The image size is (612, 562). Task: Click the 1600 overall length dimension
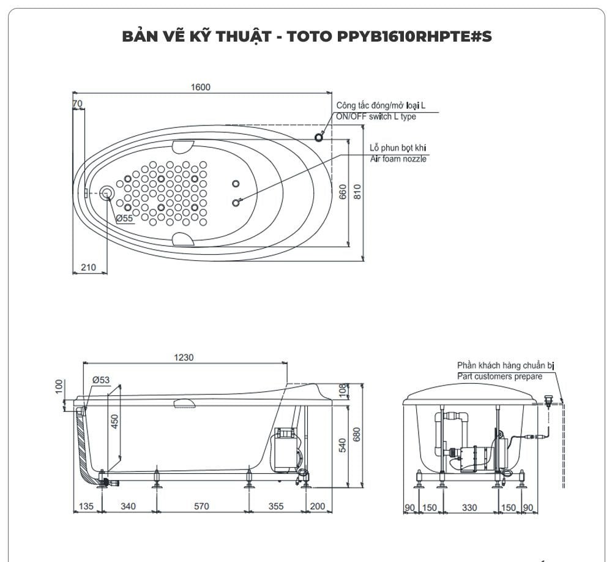click(200, 87)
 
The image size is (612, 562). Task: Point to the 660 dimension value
click(343, 192)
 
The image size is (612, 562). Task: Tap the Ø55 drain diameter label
click(124, 219)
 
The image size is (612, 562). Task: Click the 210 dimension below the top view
click(89, 267)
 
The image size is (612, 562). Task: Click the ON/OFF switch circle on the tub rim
click(319, 137)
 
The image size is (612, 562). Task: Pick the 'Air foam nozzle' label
click(398, 159)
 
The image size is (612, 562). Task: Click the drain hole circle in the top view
click(107, 193)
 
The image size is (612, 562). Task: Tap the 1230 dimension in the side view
click(182, 358)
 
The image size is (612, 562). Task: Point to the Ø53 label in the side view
click(101, 380)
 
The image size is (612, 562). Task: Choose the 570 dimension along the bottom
click(201, 506)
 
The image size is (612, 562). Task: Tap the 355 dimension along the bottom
click(276, 506)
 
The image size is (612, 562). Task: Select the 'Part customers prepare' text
click(499, 376)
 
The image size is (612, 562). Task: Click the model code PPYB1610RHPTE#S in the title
click(414, 36)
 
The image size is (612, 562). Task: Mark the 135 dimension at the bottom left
click(86, 506)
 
